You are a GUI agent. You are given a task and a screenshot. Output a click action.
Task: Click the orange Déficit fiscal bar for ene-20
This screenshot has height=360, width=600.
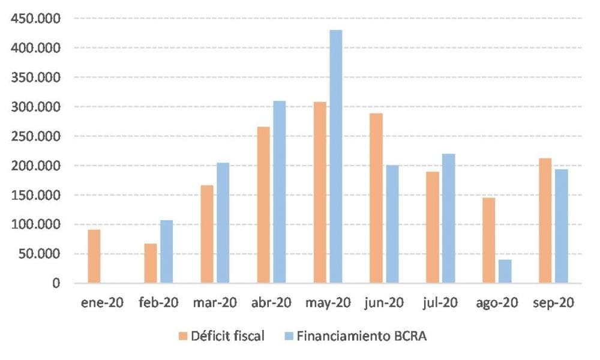(94, 256)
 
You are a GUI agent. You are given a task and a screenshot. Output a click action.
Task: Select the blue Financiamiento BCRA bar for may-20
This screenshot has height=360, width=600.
(336, 156)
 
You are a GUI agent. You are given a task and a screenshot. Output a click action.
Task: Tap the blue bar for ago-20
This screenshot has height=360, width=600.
(505, 271)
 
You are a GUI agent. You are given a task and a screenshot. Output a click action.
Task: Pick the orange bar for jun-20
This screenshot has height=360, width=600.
(376, 198)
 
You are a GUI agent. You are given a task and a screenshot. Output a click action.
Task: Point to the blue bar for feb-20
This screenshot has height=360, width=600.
(166, 251)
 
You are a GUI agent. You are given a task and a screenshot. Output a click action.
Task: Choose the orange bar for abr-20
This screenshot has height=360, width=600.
(263, 205)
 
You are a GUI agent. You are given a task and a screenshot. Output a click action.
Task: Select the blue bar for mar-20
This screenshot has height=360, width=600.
(223, 223)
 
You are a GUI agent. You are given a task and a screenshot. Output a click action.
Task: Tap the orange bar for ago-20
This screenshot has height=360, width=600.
(489, 240)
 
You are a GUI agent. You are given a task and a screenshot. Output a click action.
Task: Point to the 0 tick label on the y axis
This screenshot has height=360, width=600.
(55, 283)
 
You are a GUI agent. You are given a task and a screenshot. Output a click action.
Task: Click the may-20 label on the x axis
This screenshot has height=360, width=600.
(328, 302)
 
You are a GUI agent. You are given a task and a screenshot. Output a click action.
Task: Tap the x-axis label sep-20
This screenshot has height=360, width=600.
(553, 302)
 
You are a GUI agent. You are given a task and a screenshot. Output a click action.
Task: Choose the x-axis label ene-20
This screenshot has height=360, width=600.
(102, 302)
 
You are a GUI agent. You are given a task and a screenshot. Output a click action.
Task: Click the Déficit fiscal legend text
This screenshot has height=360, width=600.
(227, 336)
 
